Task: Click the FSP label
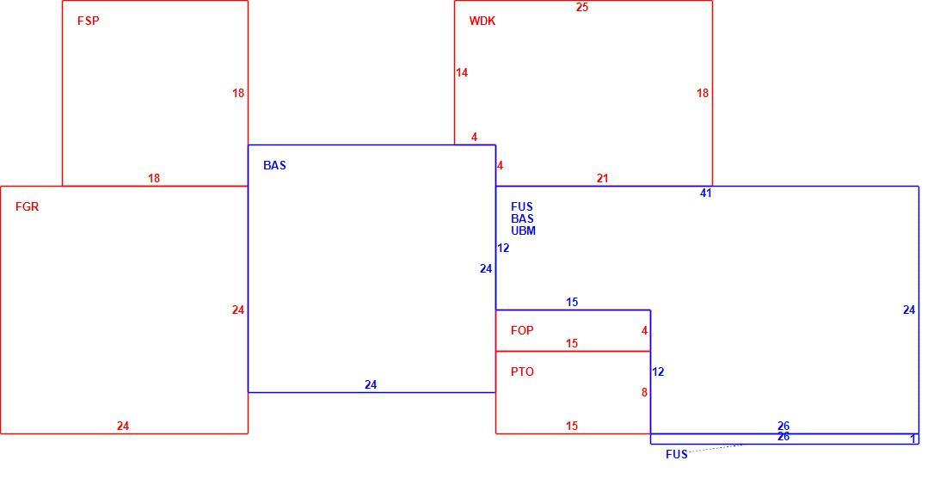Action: coord(88,21)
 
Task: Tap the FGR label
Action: coord(28,206)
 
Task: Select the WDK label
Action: coord(482,21)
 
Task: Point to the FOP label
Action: coord(522,330)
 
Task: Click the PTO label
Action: coord(522,372)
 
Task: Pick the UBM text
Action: coord(523,230)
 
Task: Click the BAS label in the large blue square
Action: coord(274,165)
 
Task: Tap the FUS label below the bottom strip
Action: coord(676,454)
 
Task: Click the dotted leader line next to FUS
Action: coord(715,448)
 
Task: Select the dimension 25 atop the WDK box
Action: coord(581,7)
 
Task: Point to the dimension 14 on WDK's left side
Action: coord(462,72)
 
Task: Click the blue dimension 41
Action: coord(706,193)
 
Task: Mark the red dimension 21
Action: coord(602,178)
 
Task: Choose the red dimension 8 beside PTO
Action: coord(644,392)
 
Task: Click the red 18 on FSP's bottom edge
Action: coord(154,178)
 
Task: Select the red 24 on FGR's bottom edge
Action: coord(122,426)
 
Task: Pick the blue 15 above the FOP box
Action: coord(572,302)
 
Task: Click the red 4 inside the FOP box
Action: coord(644,330)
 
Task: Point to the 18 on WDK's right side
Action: coord(703,93)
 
